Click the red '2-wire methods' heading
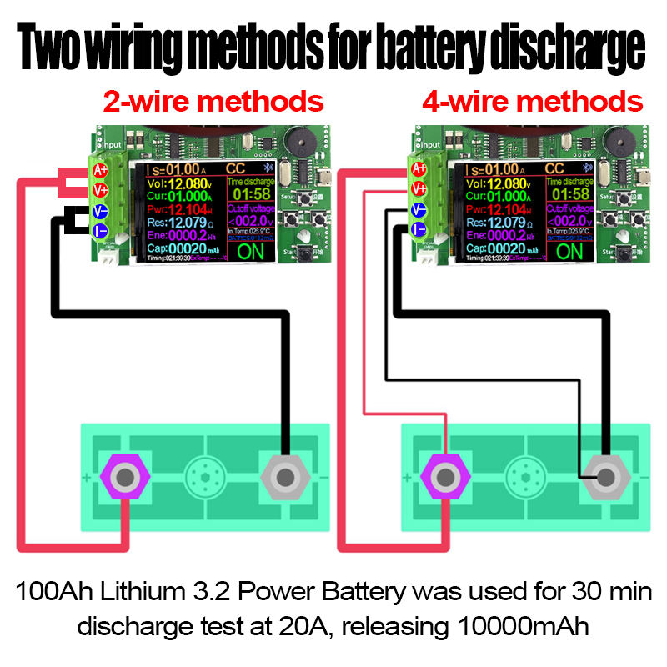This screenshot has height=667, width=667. [x=213, y=102]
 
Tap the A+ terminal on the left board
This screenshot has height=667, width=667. [x=101, y=171]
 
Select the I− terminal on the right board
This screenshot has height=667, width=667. [x=419, y=229]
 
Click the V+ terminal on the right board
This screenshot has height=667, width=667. [x=419, y=189]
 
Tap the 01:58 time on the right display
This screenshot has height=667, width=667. [x=569, y=195]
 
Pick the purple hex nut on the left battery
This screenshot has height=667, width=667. [x=125, y=478]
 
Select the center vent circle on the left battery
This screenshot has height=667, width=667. [x=205, y=478]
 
